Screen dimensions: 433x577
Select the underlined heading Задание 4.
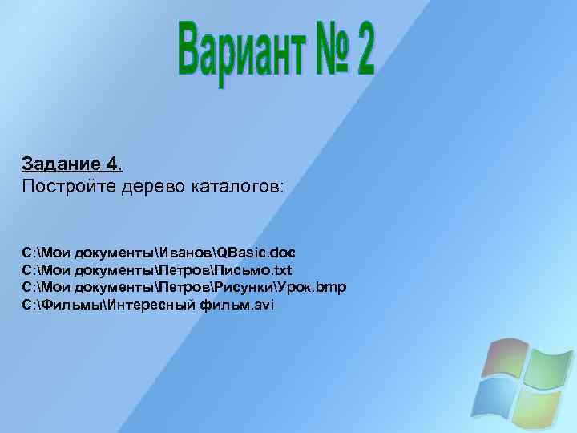coord(73,165)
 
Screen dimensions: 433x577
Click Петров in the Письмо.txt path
coord(185,270)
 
